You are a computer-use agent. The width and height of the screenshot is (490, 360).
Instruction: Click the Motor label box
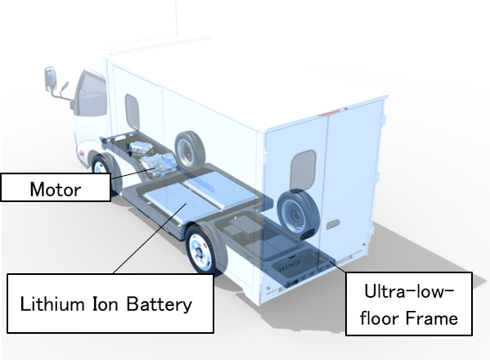[x=56, y=187]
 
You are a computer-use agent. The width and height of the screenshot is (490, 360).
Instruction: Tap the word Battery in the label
[x=159, y=304]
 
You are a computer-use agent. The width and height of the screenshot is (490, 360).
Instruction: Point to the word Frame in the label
[x=432, y=318]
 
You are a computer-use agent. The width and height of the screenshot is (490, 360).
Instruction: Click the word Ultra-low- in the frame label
[x=409, y=291]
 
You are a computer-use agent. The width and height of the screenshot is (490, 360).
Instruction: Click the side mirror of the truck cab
[x=51, y=79]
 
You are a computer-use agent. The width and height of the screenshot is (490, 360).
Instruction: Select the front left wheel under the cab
[x=103, y=170]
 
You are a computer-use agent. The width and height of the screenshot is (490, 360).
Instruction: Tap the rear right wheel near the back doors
[x=299, y=214]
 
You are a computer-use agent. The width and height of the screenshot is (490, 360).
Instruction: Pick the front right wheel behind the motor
[x=190, y=150]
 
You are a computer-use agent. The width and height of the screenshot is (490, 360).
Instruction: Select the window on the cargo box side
[x=133, y=111]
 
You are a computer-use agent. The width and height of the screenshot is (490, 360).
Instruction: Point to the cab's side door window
[x=92, y=95]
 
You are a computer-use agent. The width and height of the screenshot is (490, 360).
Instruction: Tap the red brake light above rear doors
[x=329, y=112]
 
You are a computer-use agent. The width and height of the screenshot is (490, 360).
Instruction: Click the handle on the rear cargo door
[x=333, y=224]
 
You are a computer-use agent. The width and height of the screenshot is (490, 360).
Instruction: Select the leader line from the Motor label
[x=133, y=173]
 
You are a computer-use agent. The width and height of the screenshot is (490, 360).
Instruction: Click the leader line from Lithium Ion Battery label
[x=150, y=238]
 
